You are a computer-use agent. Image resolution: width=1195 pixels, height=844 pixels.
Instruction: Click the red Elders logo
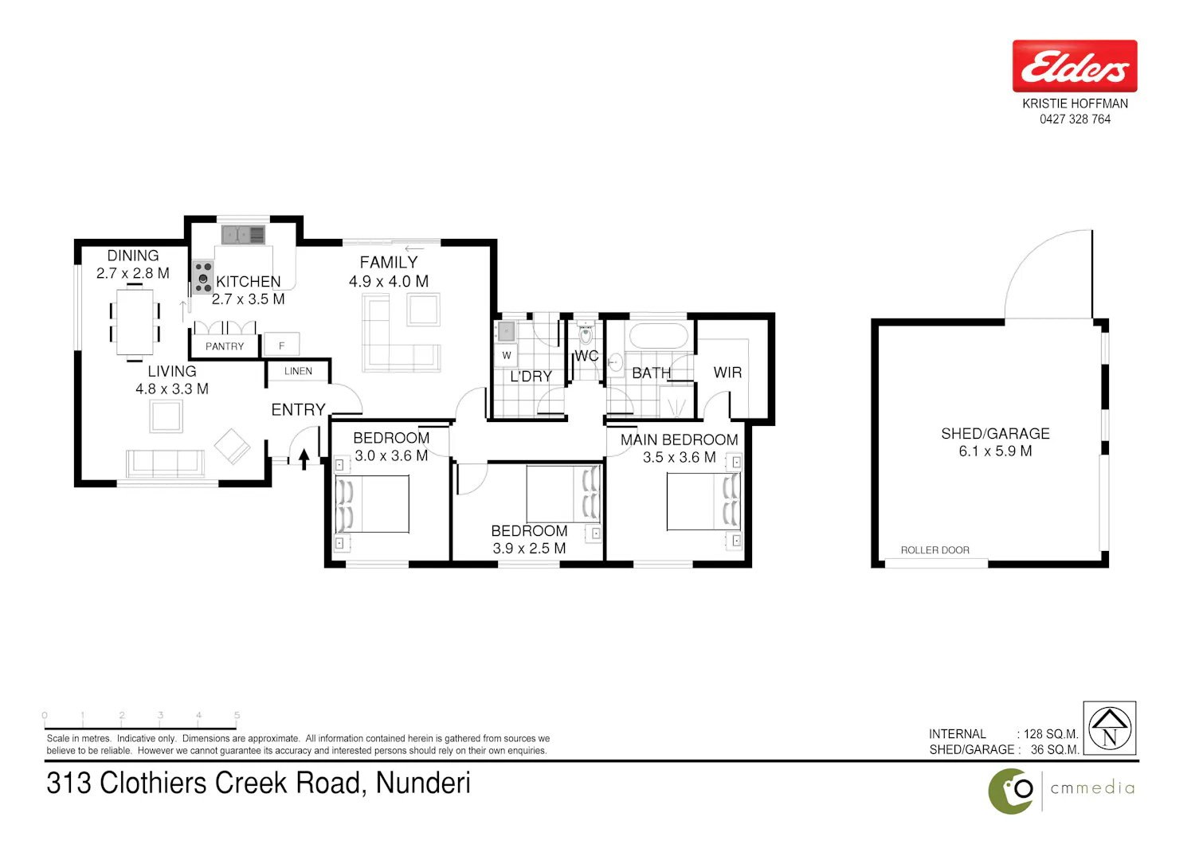[1075, 66]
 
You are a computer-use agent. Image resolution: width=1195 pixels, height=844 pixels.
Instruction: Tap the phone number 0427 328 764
[1075, 119]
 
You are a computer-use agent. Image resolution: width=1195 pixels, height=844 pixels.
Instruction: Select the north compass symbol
[1110, 728]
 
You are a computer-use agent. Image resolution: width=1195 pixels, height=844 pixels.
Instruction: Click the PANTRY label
[225, 346]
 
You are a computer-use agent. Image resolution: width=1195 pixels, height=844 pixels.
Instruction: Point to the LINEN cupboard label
[298, 371]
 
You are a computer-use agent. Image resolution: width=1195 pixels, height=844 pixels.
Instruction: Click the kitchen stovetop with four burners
[202, 277]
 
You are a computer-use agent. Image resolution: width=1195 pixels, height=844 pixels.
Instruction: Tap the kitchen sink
[243, 235]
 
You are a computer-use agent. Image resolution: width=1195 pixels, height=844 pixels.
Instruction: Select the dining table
[135, 322]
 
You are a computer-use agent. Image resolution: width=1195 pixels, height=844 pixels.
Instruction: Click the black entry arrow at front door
[304, 459]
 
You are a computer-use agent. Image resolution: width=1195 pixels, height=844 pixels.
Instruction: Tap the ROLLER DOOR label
[934, 550]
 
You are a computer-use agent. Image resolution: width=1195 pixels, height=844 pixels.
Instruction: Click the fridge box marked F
[282, 346]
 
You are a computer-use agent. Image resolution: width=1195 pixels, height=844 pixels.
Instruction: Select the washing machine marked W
[506, 355]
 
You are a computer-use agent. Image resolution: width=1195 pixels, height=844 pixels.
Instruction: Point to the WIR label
[727, 372]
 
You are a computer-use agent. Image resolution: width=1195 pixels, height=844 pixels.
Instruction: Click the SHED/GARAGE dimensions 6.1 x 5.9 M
[996, 451]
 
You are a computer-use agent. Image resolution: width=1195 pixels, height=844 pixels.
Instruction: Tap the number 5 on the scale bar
[237, 715]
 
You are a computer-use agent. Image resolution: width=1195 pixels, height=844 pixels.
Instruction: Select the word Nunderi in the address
[423, 783]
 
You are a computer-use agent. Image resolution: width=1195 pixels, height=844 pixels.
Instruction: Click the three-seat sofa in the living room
[166, 463]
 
